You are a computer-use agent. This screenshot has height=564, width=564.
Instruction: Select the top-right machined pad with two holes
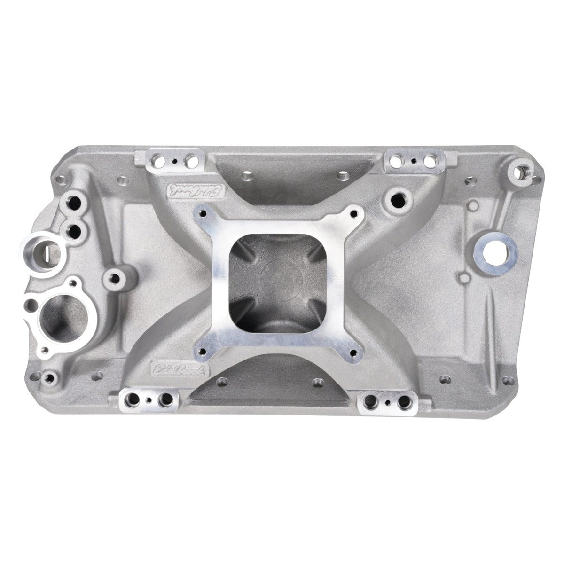click(413, 162)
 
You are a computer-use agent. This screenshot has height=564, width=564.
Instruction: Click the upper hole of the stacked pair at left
click(74, 204)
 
